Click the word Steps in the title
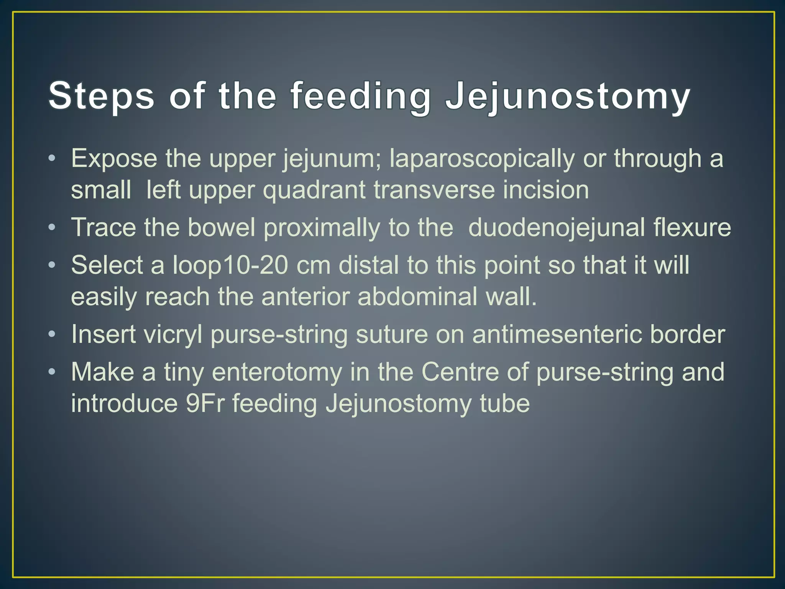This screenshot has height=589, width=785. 102,96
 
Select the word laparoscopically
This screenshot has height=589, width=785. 482,158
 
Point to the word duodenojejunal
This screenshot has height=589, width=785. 557,227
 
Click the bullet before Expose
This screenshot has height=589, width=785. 52,158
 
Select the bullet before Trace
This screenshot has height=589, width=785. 52,227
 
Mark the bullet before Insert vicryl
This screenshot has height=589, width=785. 52,334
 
